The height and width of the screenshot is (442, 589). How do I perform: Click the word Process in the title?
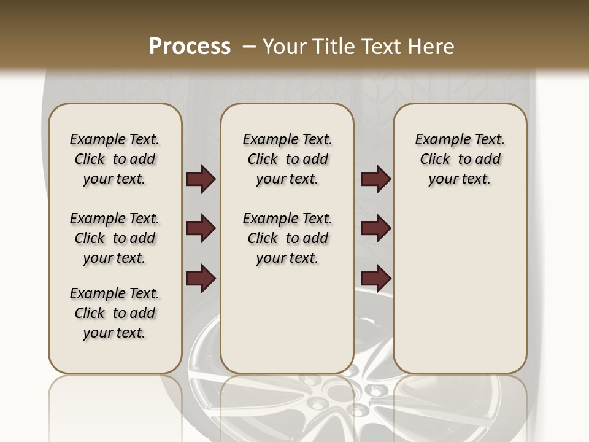(190, 46)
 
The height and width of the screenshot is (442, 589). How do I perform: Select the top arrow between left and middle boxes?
(201, 179)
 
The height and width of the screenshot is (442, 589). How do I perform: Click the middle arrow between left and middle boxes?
(201, 229)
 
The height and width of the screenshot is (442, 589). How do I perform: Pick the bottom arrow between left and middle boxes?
(201, 279)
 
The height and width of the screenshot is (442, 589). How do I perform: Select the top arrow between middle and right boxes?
(375, 179)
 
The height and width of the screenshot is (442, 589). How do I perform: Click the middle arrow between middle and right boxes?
(375, 229)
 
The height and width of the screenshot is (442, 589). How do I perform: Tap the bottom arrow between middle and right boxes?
(375, 279)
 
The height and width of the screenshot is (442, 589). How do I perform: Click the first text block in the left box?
(115, 159)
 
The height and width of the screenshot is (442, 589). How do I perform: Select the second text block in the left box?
(115, 238)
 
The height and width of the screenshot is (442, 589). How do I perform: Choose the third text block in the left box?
(115, 313)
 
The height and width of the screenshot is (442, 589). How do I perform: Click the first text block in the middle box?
(287, 159)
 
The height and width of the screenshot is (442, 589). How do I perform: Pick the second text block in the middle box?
(287, 238)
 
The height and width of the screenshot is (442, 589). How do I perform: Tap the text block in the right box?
(460, 159)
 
